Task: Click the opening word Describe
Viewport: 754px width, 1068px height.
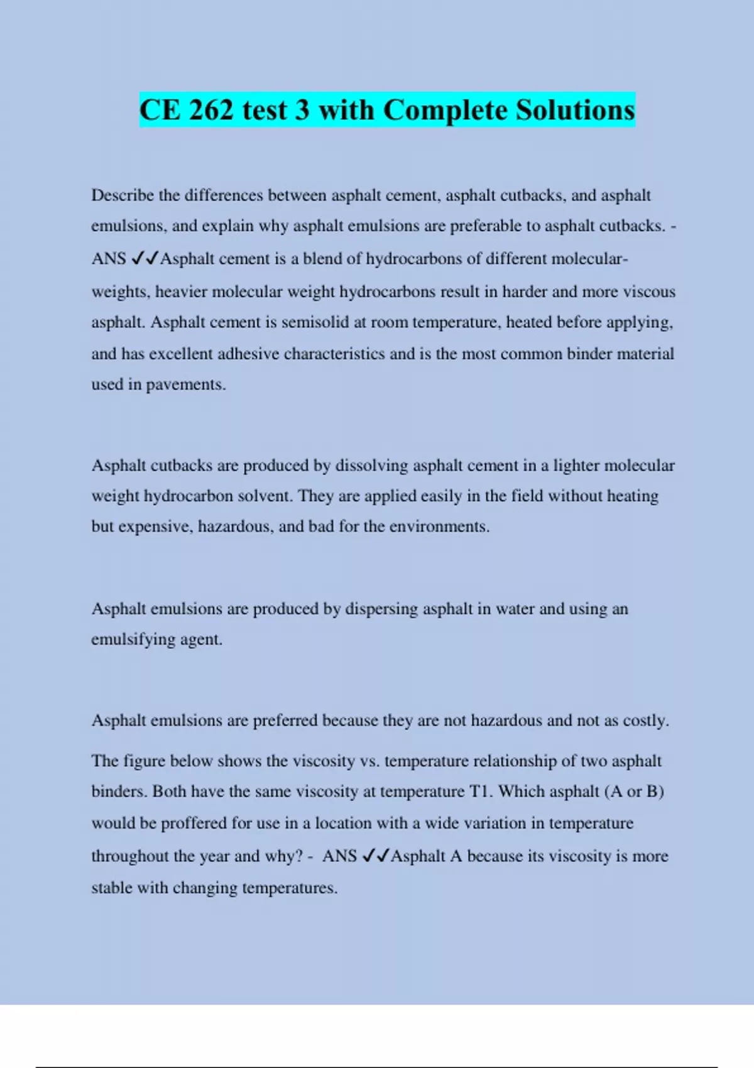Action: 123,195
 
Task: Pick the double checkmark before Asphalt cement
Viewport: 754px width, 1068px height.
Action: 145,259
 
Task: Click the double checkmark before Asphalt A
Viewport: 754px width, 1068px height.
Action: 376,856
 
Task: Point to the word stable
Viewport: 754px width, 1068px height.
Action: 111,888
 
